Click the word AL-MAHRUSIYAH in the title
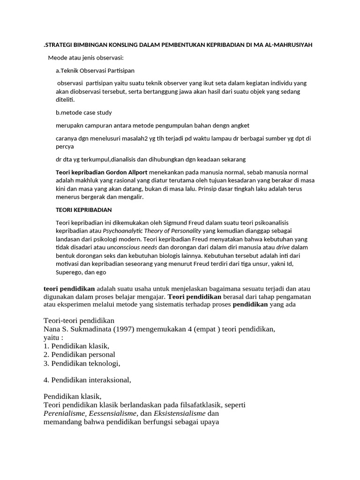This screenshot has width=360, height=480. (x=286, y=45)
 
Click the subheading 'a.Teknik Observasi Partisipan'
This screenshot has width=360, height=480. (x=95, y=71)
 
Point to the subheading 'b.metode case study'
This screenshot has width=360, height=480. (x=84, y=112)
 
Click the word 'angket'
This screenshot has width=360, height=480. (x=239, y=126)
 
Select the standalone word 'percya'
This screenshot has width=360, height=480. (x=66, y=146)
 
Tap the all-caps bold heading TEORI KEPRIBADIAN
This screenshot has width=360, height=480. (x=84, y=210)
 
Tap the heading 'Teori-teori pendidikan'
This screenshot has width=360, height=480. (x=79, y=321)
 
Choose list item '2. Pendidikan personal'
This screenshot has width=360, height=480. (x=79, y=354)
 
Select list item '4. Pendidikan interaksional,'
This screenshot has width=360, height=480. (x=87, y=380)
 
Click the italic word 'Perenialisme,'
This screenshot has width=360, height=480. (x=65, y=413)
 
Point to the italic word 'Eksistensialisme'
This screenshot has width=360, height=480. (x=180, y=413)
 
